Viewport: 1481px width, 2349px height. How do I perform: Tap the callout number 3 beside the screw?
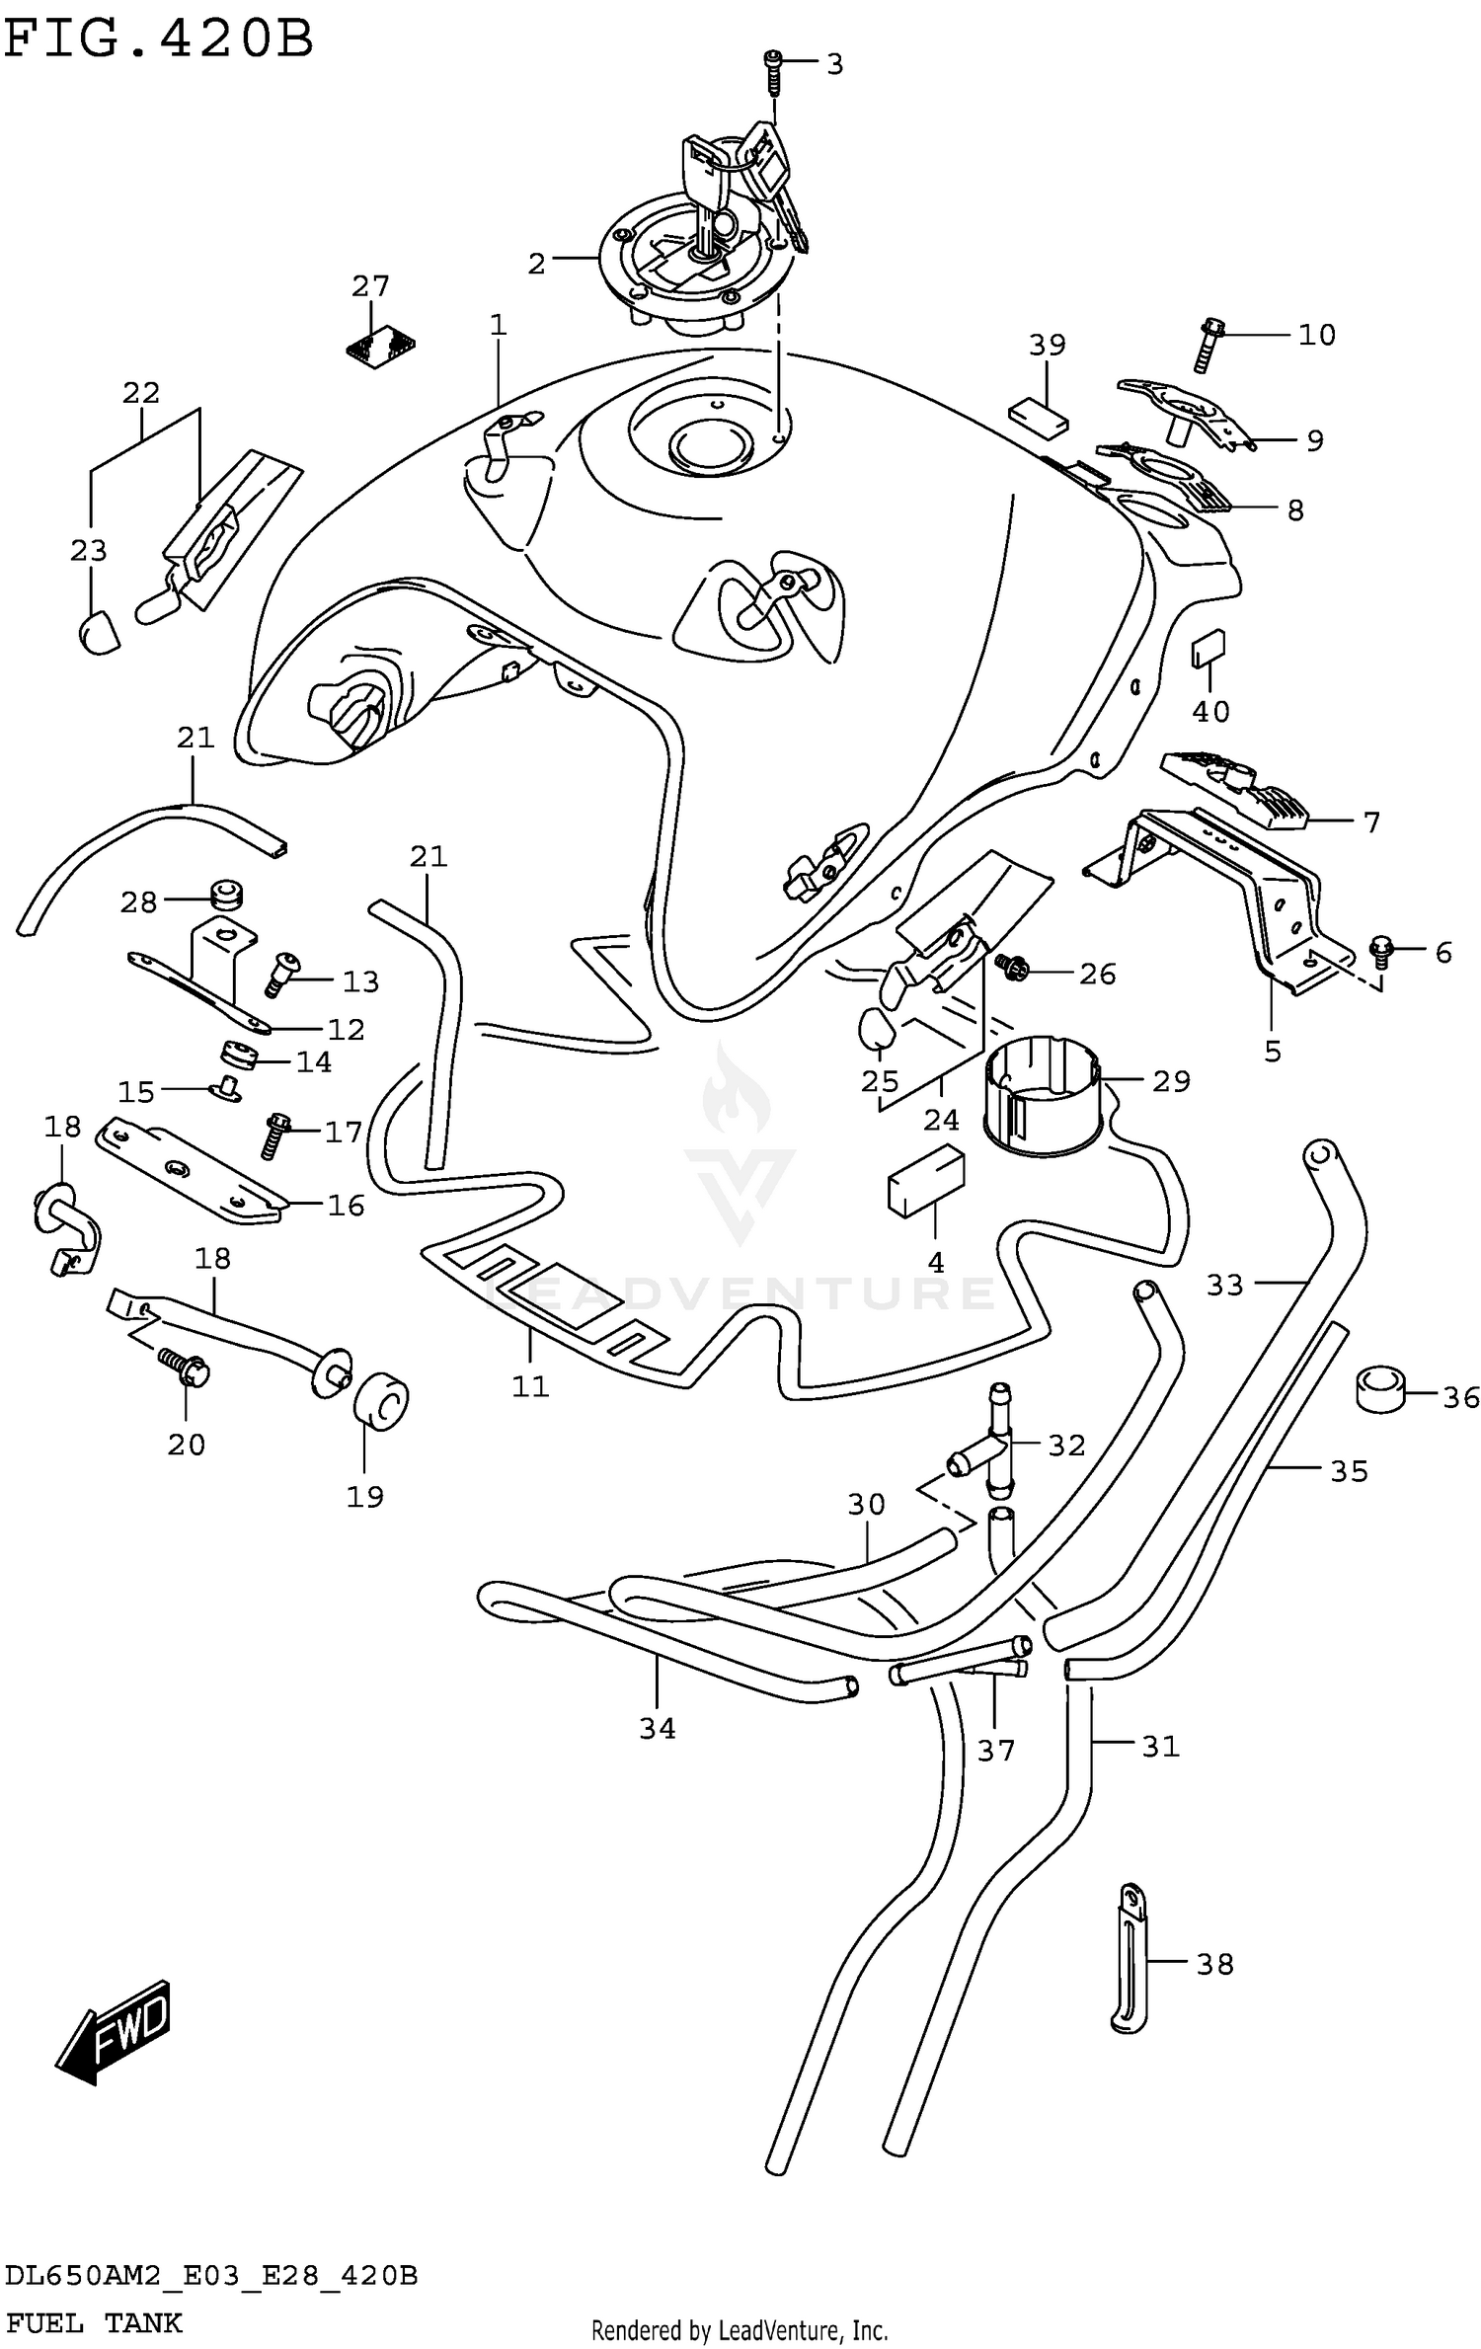point(834,64)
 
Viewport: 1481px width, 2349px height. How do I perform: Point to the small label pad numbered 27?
point(381,345)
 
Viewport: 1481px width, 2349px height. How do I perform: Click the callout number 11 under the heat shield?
point(530,1386)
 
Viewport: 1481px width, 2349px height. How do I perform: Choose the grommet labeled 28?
point(227,897)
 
